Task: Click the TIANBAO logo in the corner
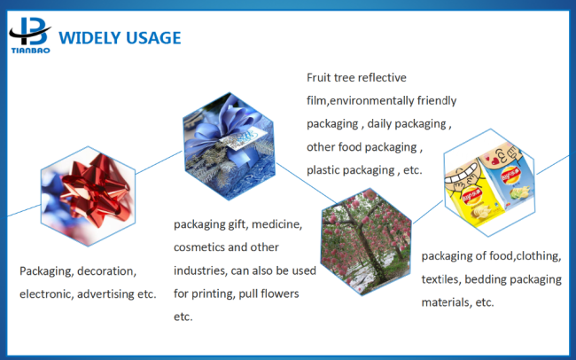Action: point(30,35)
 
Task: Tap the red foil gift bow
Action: point(97,192)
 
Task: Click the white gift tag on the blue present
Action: point(244,140)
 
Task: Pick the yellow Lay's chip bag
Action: point(473,194)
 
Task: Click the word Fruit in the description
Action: point(318,78)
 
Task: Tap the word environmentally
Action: point(372,101)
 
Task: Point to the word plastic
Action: point(324,170)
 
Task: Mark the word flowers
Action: point(281,293)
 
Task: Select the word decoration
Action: point(106,271)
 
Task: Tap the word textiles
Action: point(440,279)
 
